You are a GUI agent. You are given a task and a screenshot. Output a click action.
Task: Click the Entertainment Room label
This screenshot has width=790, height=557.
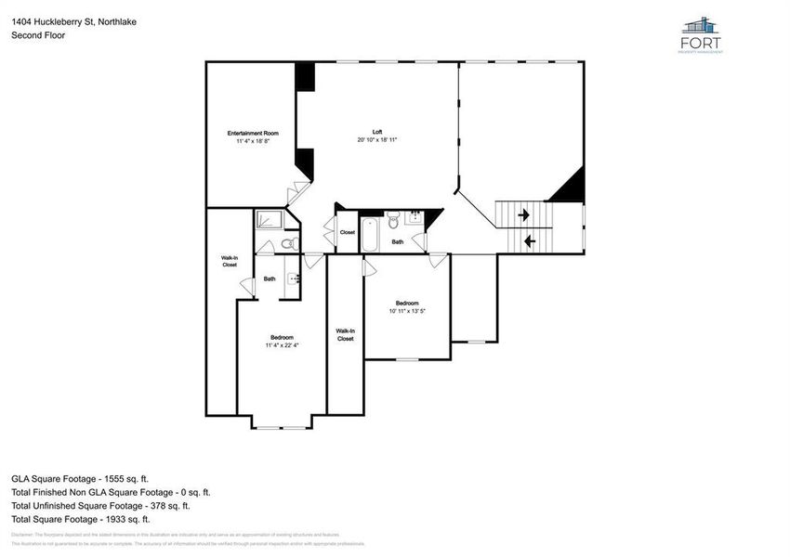point(252,134)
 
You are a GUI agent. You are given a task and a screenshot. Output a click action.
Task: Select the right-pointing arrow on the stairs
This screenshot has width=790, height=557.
point(524,215)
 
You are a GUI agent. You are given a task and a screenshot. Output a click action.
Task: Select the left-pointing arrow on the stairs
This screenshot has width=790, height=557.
point(529,241)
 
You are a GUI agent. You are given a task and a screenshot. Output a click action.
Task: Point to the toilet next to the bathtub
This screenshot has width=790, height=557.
point(393,221)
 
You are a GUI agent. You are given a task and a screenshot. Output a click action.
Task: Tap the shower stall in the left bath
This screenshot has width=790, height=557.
point(270,219)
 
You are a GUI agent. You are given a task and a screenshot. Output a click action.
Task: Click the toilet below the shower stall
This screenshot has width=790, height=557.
point(289,243)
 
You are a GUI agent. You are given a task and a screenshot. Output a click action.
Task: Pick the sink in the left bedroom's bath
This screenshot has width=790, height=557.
point(294,278)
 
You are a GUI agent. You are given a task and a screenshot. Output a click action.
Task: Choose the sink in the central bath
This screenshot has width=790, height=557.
point(415,220)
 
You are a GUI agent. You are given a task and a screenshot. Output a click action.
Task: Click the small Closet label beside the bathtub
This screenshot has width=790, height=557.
point(347,233)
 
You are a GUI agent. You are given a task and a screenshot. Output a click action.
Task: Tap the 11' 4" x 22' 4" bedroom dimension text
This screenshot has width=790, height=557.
point(282,345)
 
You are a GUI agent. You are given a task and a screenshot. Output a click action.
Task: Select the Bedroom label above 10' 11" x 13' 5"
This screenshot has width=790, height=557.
point(407,304)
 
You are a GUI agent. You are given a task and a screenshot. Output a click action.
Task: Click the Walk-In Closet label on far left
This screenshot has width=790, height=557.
point(229,261)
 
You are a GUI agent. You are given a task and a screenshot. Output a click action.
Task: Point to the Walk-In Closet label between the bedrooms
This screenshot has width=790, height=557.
point(345,334)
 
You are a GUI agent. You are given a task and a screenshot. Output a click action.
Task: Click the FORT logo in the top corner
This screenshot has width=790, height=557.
point(702,35)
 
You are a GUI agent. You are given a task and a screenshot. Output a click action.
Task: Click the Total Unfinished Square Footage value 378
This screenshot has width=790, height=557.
point(165,506)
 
